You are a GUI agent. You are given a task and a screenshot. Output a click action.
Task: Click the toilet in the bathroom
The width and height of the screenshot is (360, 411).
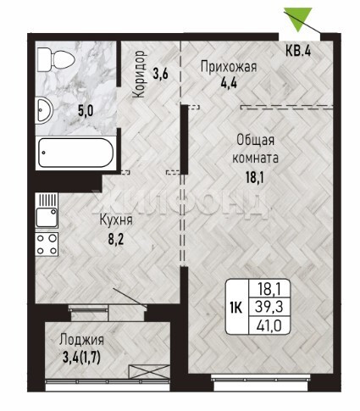point(56,60)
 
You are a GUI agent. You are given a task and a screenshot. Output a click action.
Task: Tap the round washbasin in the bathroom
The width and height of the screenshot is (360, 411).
point(45,110)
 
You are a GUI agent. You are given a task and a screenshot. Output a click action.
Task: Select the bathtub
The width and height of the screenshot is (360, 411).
point(75,153)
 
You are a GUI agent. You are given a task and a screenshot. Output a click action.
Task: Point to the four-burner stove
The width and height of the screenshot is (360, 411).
point(47,244)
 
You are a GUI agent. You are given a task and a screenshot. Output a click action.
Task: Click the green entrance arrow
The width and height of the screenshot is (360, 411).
point(298,19)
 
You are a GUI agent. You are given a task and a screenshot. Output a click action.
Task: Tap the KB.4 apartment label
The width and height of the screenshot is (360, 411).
point(298,51)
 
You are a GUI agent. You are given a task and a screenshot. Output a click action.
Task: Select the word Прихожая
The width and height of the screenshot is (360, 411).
point(229,68)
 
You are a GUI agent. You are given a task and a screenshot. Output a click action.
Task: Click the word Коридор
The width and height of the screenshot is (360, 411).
point(140,74)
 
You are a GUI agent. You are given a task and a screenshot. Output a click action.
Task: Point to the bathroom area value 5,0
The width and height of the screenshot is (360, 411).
point(86,111)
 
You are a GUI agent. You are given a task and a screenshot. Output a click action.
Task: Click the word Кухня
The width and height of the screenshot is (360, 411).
point(116,220)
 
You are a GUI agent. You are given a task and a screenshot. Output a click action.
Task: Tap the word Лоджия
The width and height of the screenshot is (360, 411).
point(81,341)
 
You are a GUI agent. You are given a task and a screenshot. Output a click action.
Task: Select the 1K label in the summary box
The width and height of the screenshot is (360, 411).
point(236,308)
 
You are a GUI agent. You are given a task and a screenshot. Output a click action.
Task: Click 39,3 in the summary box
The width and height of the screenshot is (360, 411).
point(269,307)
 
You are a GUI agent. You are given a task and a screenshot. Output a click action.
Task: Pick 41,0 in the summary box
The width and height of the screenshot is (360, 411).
point(269,325)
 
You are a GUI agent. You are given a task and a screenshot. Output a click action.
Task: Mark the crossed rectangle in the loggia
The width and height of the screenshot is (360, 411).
point(149,371)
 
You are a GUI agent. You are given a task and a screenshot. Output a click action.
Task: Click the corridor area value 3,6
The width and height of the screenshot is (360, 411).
point(160,74)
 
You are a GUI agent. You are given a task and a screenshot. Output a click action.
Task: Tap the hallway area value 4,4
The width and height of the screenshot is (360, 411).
point(229,84)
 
